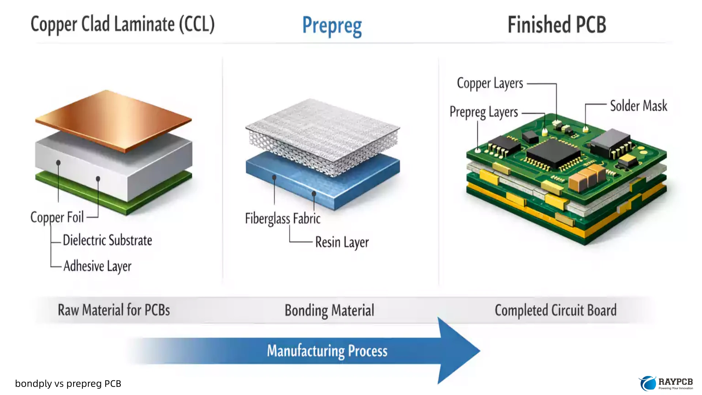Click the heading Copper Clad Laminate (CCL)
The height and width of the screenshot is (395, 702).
[122, 25]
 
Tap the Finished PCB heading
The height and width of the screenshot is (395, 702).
[556, 25]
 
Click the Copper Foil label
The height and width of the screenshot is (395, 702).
[57, 217]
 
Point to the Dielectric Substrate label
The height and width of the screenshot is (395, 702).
[107, 240]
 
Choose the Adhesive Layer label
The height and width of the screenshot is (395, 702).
[97, 266]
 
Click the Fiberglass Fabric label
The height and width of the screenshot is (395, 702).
[283, 219]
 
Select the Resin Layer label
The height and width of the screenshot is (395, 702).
[342, 242]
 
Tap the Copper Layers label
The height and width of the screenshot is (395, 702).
[490, 83]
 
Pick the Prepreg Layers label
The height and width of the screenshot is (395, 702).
[484, 112]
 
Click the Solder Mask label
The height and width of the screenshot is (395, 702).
[638, 106]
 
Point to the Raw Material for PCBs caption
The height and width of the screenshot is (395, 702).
[114, 310]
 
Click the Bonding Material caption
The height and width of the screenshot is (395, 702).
[329, 311]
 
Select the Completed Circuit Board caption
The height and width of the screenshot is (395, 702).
[555, 311]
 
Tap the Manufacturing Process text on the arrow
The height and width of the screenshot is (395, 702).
[327, 351]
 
